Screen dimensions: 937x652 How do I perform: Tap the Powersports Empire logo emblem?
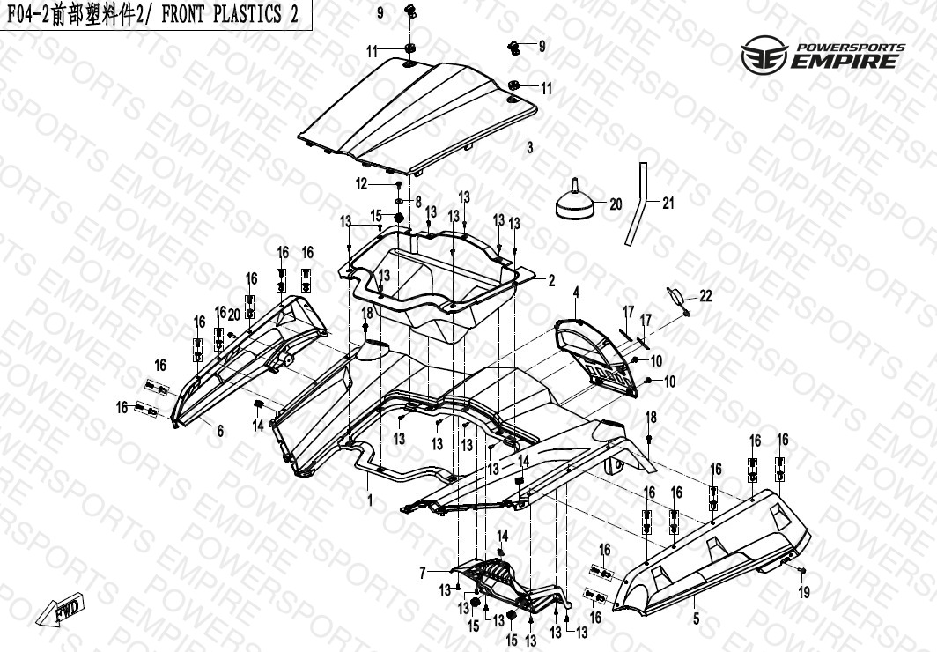765,55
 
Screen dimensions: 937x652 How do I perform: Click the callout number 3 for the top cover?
529,147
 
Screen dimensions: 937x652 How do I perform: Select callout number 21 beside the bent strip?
668,204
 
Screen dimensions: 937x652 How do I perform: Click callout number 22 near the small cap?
705,296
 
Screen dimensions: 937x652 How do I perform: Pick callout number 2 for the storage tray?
551,280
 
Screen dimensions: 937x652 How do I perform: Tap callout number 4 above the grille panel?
576,293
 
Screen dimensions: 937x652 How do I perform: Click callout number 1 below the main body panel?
370,500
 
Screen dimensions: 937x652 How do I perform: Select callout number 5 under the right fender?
697,619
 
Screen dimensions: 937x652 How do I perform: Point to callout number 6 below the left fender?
220,430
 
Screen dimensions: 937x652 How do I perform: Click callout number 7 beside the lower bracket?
423,574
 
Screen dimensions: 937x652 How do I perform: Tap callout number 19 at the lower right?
804,592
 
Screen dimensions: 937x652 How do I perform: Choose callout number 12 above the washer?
362,184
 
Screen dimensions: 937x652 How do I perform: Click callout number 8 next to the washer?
418,202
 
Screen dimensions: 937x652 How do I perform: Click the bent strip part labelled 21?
636,204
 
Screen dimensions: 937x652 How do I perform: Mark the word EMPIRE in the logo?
845,61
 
